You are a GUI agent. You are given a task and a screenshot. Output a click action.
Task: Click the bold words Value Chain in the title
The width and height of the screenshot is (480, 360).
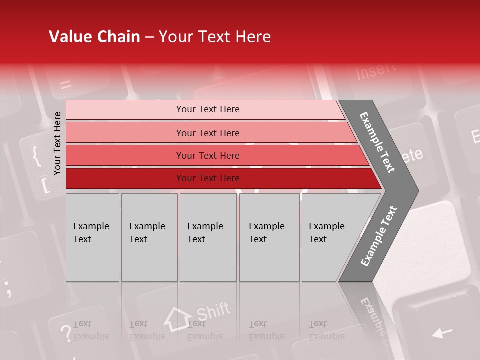point(94,37)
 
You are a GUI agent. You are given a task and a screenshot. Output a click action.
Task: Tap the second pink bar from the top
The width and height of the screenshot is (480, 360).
point(207,133)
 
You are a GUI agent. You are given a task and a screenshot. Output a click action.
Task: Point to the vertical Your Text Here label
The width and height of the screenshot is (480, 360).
point(57,143)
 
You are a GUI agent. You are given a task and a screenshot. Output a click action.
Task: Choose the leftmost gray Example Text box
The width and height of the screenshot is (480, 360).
point(92,237)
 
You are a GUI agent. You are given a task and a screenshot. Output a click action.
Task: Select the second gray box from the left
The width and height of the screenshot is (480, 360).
point(149,237)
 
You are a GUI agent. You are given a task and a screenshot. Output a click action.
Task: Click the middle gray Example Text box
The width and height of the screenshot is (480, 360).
point(208,237)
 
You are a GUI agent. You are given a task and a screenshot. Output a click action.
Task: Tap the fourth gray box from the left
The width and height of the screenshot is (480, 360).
point(269,237)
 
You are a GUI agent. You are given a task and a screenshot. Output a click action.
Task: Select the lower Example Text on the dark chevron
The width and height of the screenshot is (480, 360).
point(378,236)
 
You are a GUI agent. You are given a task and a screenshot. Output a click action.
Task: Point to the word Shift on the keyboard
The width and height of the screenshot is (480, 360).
point(213,312)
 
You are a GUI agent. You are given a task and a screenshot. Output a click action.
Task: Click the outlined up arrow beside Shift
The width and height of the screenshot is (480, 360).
point(178,318)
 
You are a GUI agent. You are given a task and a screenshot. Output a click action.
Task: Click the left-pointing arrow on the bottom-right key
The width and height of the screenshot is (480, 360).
point(442,332)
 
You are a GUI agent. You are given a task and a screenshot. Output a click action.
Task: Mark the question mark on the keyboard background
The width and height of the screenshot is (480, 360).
point(65,333)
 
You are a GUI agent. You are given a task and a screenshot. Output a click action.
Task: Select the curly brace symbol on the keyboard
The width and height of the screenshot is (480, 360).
point(36,156)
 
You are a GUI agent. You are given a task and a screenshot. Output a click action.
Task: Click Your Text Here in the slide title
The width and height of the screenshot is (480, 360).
point(215,37)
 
